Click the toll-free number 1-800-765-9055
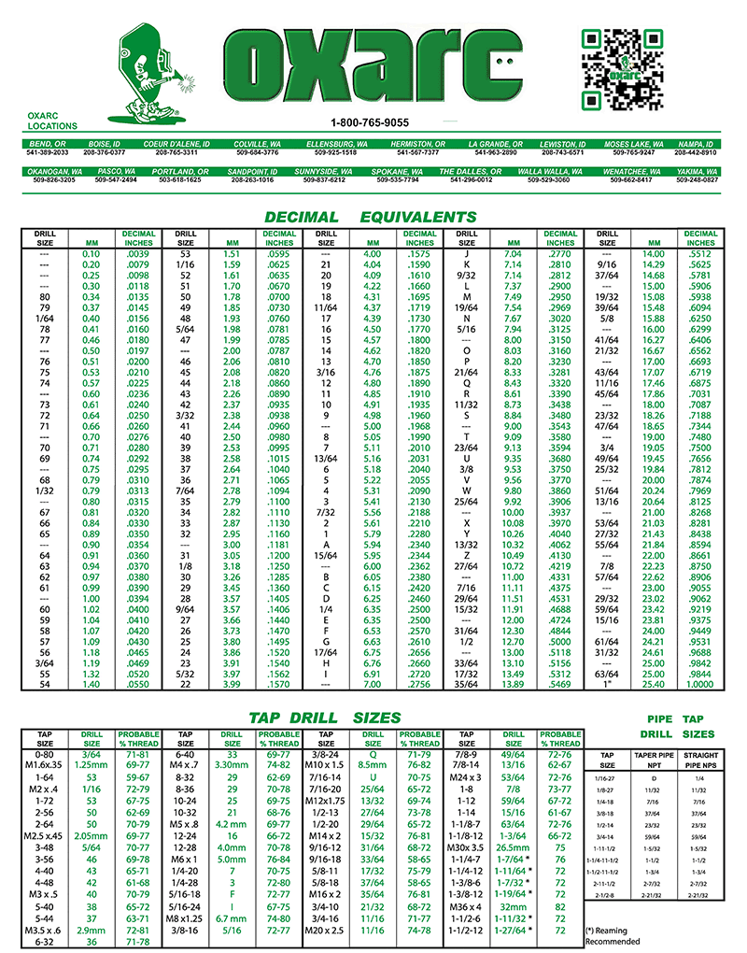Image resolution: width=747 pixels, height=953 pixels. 370,123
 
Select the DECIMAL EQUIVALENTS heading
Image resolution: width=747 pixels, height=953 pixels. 370,217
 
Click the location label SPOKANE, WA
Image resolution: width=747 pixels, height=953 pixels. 397,173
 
